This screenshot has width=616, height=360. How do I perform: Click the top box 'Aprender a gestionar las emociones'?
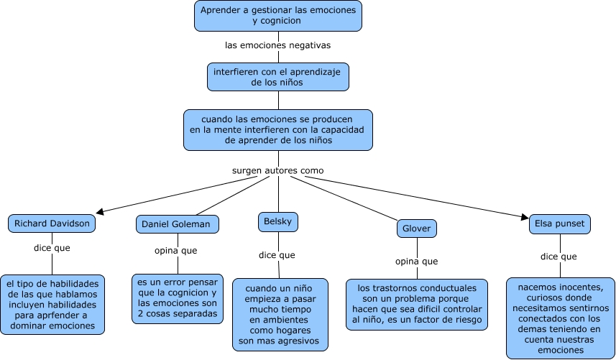point(277,16)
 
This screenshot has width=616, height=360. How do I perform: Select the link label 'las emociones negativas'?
point(277,45)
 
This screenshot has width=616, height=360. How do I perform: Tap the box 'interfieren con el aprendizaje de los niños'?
point(277,77)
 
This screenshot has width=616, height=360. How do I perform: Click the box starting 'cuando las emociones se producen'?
point(277,130)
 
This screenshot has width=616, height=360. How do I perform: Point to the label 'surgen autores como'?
point(277,171)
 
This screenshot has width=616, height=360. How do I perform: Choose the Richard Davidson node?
point(52,223)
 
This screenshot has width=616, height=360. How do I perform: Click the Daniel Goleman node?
point(176,224)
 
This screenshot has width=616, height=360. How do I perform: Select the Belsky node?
point(277,222)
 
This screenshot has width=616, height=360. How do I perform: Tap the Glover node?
point(417,229)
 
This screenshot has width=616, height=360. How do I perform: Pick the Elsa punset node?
point(560,223)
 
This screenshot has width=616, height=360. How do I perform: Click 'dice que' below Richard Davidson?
point(52,249)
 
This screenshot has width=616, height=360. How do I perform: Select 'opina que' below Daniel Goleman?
point(176,251)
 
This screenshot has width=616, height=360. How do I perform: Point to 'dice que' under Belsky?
point(277,255)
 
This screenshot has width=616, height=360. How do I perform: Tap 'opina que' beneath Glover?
point(417,261)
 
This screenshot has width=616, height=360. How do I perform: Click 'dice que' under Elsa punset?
point(559,257)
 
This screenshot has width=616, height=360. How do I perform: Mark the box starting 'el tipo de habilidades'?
point(52,305)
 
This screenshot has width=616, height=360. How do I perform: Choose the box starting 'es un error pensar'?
point(177,299)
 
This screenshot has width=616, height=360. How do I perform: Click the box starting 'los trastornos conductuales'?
point(417,304)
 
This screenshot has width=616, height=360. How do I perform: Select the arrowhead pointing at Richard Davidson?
point(100,211)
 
